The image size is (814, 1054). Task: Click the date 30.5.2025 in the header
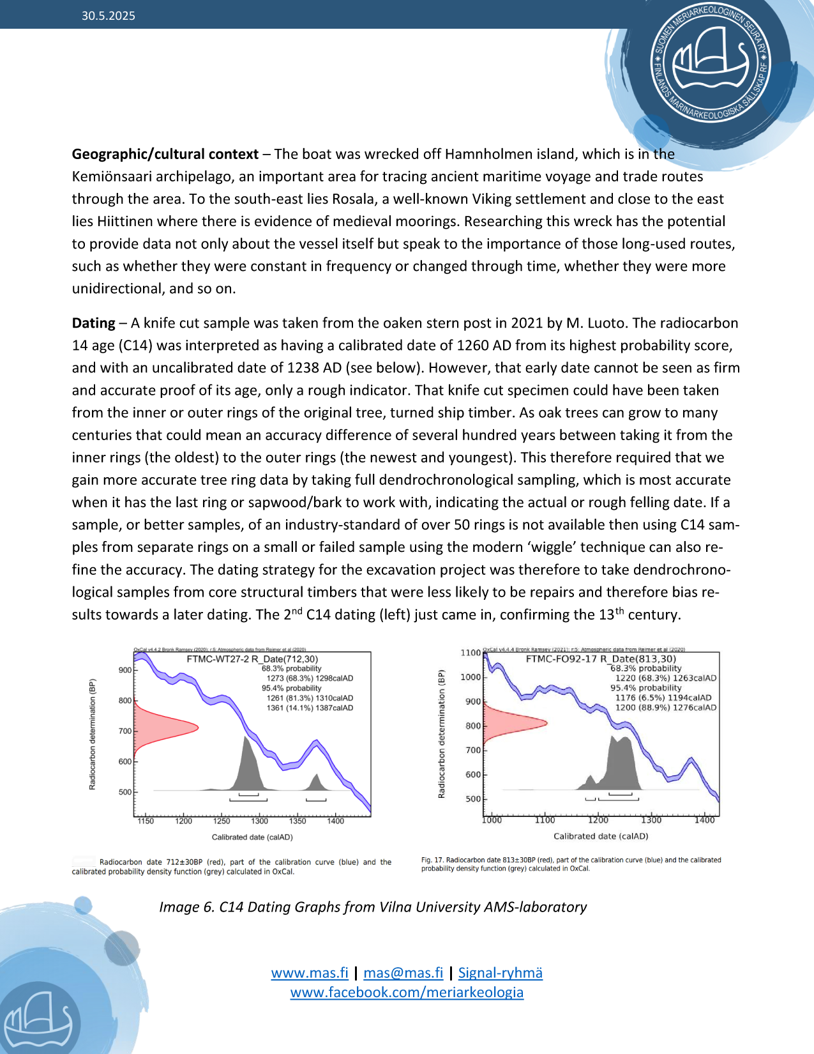click(x=108, y=16)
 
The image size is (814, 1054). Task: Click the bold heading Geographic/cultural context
click(x=165, y=154)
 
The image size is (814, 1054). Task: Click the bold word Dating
click(x=93, y=323)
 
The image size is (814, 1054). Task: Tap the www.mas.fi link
click(x=310, y=973)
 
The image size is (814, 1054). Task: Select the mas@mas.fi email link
click(x=403, y=973)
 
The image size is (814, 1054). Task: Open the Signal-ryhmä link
click(x=500, y=973)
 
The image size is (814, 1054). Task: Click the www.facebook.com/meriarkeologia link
click(x=407, y=992)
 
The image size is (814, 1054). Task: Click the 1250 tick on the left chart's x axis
click(x=222, y=821)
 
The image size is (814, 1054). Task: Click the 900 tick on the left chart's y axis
click(x=125, y=670)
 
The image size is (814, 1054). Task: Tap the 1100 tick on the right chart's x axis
click(x=545, y=820)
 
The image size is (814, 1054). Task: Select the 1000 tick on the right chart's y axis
click(x=471, y=677)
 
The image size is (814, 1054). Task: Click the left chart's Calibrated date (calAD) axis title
click(x=252, y=837)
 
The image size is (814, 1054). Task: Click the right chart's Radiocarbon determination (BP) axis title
click(x=441, y=735)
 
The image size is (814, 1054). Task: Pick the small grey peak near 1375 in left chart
click(x=315, y=782)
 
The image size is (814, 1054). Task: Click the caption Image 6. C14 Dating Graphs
click(x=373, y=907)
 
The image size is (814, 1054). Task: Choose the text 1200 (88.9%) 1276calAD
click(x=665, y=707)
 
